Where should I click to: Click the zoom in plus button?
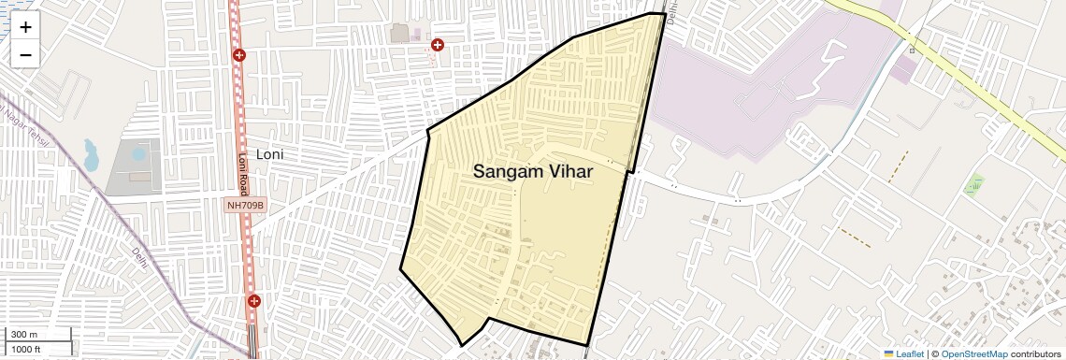[25, 28]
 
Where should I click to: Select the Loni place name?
[269, 154]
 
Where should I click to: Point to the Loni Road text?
[243, 174]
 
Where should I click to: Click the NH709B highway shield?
[246, 205]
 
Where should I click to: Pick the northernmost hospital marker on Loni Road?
[239, 56]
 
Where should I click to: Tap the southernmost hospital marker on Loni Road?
[253, 301]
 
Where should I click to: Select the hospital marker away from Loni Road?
[437, 44]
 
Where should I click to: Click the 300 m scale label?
[24, 335]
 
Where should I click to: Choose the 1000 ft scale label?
[26, 349]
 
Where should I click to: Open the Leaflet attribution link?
[909, 354]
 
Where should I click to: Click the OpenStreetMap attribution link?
[973, 354]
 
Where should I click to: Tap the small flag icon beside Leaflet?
[888, 354]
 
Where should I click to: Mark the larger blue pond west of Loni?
[92, 155]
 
